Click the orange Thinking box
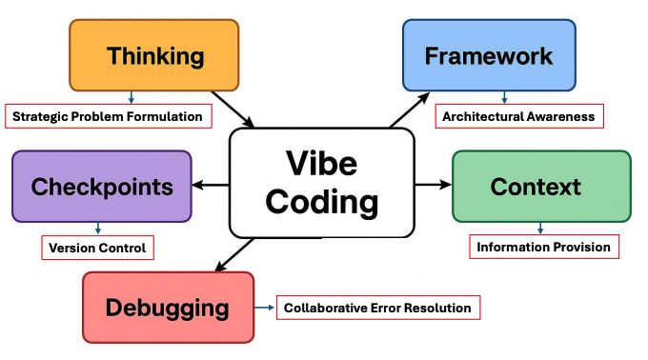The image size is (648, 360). pos(154,55)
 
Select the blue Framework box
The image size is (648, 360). pos(488,55)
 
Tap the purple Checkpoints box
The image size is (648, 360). pos(101,186)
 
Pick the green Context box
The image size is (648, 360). pos(540,186)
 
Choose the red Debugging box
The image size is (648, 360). pos(168,308)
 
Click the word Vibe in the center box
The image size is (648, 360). pos(321,163)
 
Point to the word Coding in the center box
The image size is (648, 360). pos(321,202)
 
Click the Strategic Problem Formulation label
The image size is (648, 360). pos(108,116)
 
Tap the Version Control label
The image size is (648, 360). pos(98,248)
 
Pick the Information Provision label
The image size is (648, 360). pos(543,247)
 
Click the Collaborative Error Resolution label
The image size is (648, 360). pos(377,308)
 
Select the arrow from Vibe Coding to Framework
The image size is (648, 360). pos(410,110)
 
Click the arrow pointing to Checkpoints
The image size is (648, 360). pos(211,185)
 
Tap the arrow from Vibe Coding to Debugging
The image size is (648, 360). pos(233,254)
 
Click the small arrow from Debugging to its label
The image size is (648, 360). pos(264,308)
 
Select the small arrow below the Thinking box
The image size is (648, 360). pos(131,97)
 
